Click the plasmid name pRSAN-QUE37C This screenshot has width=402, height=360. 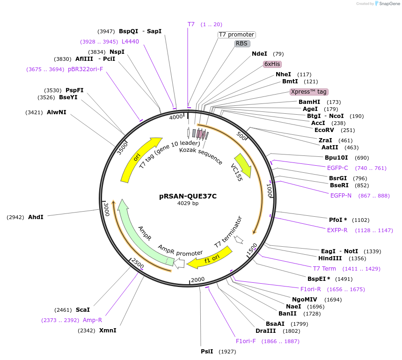(188, 197)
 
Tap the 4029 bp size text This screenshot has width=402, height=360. (188, 204)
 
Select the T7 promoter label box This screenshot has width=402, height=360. (237, 35)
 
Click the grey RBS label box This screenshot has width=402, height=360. (241, 44)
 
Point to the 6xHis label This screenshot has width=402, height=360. (272, 64)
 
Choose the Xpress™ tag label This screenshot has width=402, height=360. (308, 92)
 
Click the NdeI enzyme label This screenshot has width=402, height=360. (259, 54)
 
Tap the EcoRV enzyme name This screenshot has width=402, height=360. (324, 130)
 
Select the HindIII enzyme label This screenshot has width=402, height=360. (330, 258)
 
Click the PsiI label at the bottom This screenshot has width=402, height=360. (207, 351)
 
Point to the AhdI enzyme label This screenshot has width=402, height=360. (36, 217)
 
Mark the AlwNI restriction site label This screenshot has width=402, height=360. (57, 112)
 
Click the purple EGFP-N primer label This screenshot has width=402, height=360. (341, 196)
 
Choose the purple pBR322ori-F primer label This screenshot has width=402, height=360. (85, 69)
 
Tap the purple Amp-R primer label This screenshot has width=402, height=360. (92, 320)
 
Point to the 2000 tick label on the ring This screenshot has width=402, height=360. (198, 279)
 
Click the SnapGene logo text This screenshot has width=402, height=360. (389, 4)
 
